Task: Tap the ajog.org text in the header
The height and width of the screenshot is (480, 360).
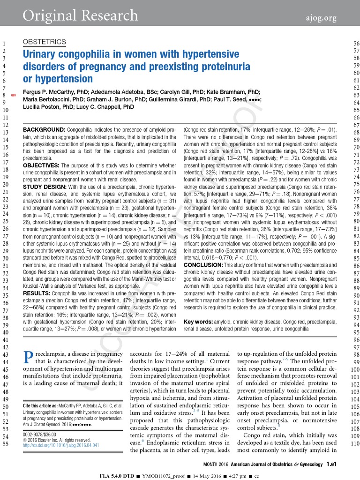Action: click(319, 18)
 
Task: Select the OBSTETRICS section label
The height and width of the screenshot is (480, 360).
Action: click(44, 42)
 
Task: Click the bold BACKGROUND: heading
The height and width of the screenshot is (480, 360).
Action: click(44, 129)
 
